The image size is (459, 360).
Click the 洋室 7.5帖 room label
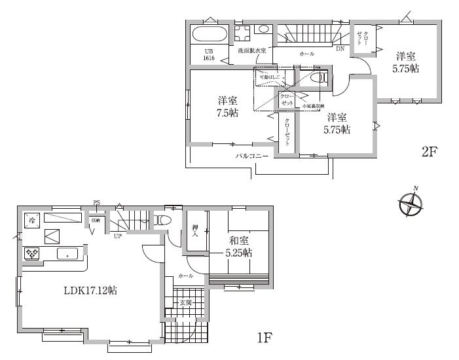tap(228, 107)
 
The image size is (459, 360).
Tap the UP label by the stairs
tap(118, 236)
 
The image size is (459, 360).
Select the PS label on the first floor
tap(96, 203)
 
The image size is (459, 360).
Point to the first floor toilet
tap(163, 220)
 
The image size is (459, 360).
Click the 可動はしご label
tap(270, 77)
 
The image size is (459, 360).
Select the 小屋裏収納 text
tap(312, 105)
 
